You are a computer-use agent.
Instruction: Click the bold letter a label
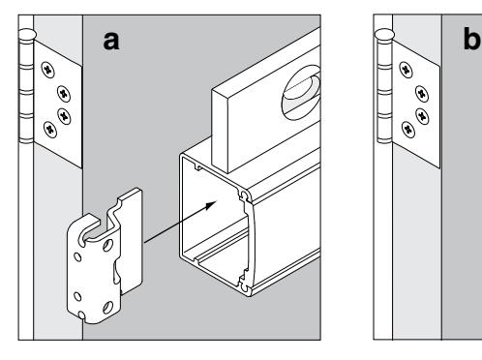tap(111, 42)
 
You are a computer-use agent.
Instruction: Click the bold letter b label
tap(472, 39)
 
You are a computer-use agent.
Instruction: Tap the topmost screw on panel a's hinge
tap(48, 70)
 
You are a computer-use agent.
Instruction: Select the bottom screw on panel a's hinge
tap(50, 130)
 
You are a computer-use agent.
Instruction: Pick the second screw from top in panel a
tap(64, 94)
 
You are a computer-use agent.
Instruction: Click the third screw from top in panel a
tap(64, 115)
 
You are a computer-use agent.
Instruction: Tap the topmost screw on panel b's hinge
tap(406, 70)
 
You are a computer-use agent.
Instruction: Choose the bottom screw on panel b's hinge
tap(408, 130)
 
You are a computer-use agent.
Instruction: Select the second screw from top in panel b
tap(422, 94)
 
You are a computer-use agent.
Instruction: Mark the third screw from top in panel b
tap(422, 115)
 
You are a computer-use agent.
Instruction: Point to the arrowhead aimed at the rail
tap(210, 205)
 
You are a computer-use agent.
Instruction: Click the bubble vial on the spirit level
tap(301, 93)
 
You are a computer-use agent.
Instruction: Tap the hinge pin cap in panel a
tap(27, 35)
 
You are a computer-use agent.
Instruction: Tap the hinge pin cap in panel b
tap(385, 35)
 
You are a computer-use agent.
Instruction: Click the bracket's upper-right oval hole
tap(107, 245)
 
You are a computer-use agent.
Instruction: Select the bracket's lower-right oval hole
tap(107, 308)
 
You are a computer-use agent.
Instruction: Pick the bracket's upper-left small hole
tap(77, 257)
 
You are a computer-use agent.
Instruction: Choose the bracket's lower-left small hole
tap(77, 296)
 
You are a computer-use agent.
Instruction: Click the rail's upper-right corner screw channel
tap(245, 195)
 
